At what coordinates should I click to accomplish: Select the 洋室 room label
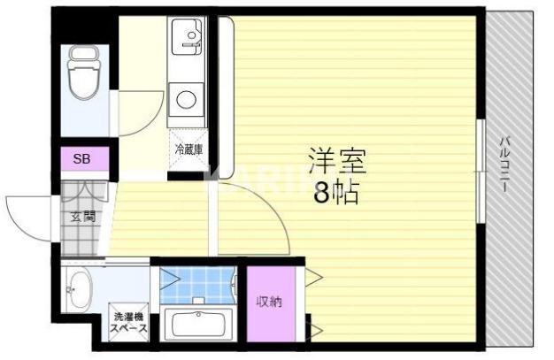(336, 161)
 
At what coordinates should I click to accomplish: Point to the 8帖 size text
(336, 193)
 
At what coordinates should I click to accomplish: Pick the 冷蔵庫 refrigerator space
(188, 150)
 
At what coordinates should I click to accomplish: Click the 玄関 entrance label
(83, 216)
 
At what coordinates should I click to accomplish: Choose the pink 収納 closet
(269, 303)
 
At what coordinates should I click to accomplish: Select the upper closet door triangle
(312, 278)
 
